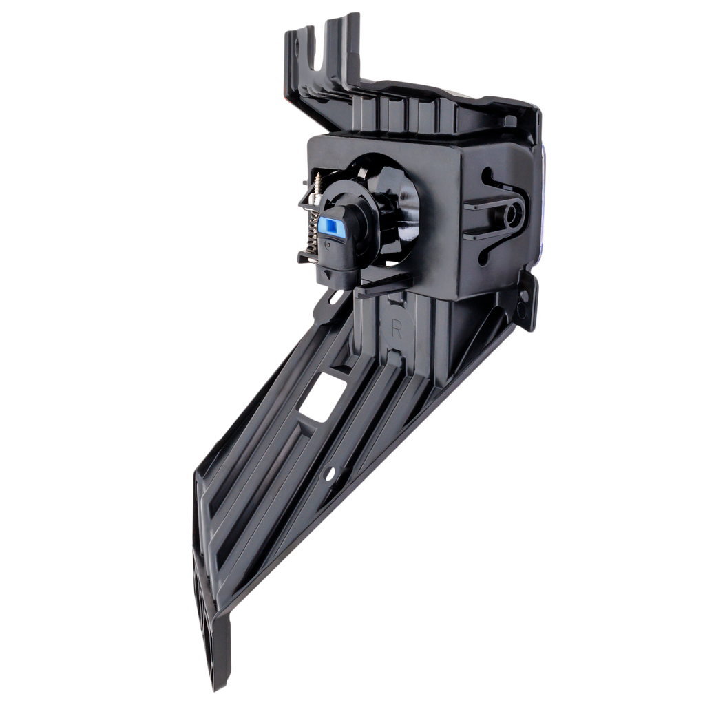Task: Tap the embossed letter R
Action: (396, 329)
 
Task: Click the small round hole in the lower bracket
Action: (330, 473)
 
